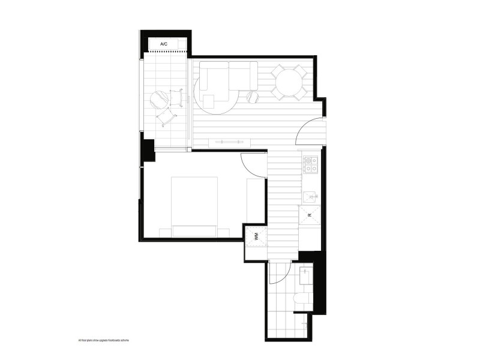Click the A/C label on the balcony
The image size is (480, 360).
(x=163, y=44)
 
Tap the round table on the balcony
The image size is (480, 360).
(x=160, y=97)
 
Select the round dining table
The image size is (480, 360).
(x=289, y=82)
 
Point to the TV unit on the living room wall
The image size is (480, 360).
(x=229, y=142)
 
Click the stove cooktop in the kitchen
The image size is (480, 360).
(x=310, y=163)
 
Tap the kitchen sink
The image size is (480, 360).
(x=310, y=196)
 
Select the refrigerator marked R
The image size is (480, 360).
(x=310, y=214)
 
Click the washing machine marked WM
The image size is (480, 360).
(x=256, y=236)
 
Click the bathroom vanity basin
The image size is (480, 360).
(x=305, y=277)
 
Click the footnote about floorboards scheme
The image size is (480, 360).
(x=104, y=340)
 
